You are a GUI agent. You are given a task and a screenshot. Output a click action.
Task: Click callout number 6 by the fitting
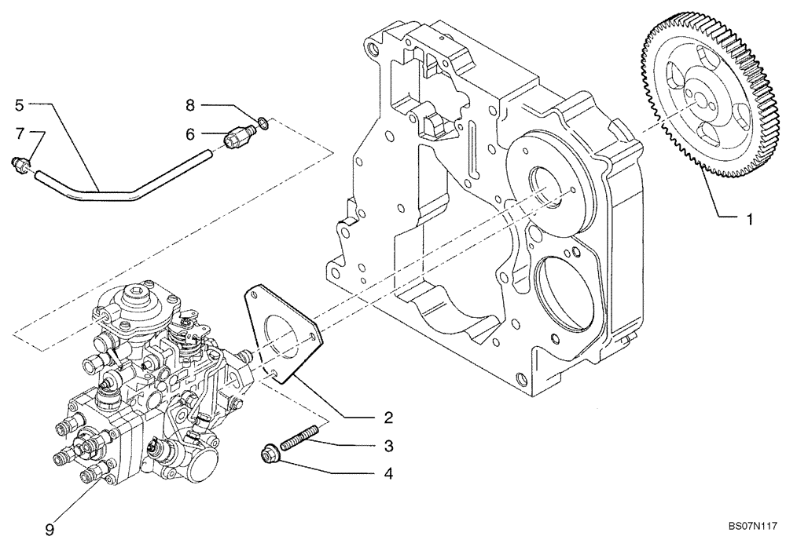189,134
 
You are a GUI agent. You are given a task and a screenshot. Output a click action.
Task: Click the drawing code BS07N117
751,527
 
